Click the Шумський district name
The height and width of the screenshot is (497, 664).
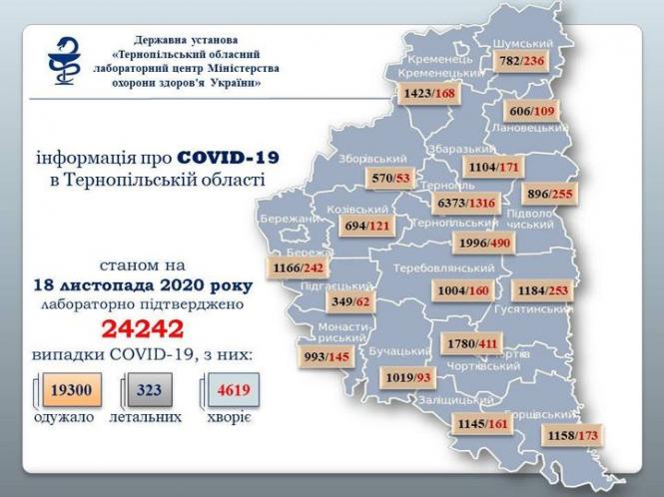click(526, 44)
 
